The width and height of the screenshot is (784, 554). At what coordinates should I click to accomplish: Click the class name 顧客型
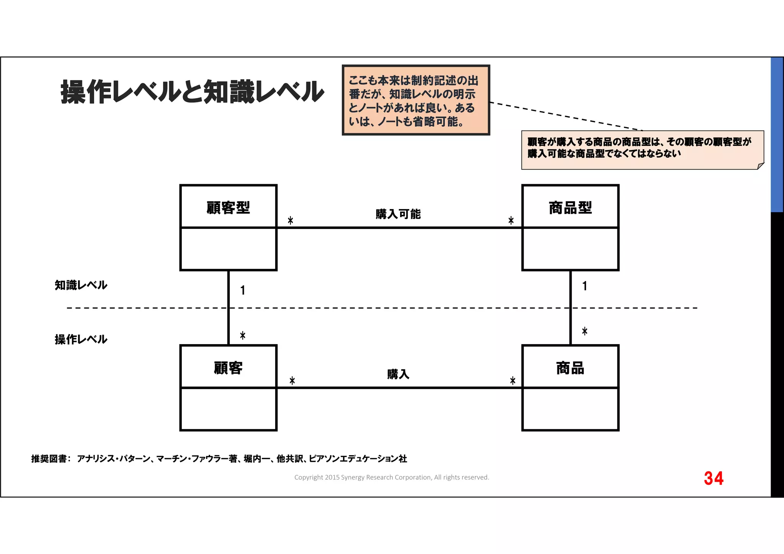tap(228, 208)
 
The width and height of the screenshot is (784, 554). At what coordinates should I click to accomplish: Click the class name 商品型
tap(570, 208)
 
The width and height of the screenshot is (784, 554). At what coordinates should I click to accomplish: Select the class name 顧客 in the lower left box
tap(228, 368)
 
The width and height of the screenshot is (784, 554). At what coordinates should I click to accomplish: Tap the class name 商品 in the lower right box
tap(570, 368)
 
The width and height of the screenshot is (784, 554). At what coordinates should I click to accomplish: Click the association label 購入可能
tap(398, 214)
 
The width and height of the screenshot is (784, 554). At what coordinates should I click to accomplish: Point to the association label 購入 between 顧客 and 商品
tap(398, 374)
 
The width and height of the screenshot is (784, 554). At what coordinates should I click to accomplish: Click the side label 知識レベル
tap(81, 285)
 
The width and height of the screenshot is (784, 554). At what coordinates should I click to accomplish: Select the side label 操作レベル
tap(81, 339)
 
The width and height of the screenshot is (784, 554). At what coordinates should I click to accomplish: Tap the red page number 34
tap(714, 478)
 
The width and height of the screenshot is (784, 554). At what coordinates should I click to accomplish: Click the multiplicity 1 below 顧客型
tap(243, 291)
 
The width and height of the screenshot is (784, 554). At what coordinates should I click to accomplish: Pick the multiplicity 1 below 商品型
tap(585, 286)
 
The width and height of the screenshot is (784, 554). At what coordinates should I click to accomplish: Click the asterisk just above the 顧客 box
tap(243, 336)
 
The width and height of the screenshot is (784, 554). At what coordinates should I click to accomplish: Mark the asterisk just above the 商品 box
tap(585, 331)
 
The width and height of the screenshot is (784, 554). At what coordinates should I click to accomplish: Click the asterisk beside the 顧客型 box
tap(291, 221)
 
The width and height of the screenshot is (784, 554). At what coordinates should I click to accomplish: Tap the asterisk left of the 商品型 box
tap(511, 221)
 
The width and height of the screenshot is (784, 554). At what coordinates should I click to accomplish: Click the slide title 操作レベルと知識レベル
tap(192, 92)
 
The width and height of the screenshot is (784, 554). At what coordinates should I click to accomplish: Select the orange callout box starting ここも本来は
tap(416, 100)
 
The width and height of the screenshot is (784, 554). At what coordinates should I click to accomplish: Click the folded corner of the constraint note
tap(760, 166)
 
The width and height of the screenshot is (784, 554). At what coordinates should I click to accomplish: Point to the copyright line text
tap(392, 477)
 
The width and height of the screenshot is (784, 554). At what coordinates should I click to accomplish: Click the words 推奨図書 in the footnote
tap(49, 459)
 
